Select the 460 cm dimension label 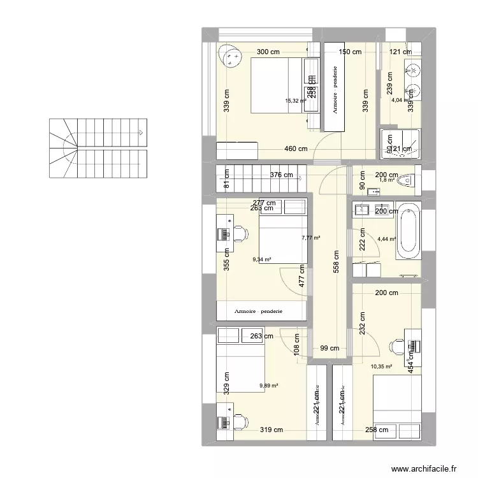click(x=296, y=149)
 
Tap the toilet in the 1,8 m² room click(x=409, y=182)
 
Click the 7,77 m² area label click(x=310, y=238)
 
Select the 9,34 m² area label click(x=262, y=259)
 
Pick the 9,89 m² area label click(x=269, y=385)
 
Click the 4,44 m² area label click(x=387, y=239)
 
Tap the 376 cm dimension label click(x=281, y=175)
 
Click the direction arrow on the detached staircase click(x=141, y=133)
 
